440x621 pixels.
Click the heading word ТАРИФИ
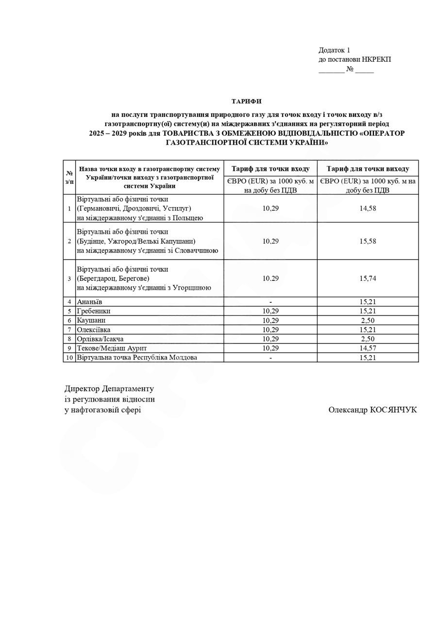click(x=246, y=101)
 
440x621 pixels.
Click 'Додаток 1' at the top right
click(x=334, y=50)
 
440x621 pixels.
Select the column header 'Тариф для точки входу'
click(x=271, y=169)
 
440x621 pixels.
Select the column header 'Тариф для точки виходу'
click(x=368, y=169)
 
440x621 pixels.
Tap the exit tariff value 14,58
click(x=368, y=208)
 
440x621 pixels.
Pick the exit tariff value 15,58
click(x=368, y=241)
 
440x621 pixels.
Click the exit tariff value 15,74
click(x=368, y=278)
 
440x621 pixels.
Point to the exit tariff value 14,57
click(x=368, y=348)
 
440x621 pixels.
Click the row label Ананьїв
click(x=89, y=302)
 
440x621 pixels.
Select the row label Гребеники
click(x=93, y=311)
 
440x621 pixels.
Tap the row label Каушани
click(x=91, y=320)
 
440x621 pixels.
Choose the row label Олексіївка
click(x=93, y=329)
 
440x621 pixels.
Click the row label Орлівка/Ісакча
click(x=100, y=339)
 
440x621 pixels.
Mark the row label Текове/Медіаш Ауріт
click(x=112, y=348)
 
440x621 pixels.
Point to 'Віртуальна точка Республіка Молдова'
click(x=137, y=358)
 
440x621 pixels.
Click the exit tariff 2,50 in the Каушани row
click(x=368, y=320)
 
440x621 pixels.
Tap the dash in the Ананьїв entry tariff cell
click(x=271, y=302)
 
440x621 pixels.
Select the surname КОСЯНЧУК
click(x=393, y=410)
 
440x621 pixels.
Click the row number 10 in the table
click(x=69, y=358)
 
